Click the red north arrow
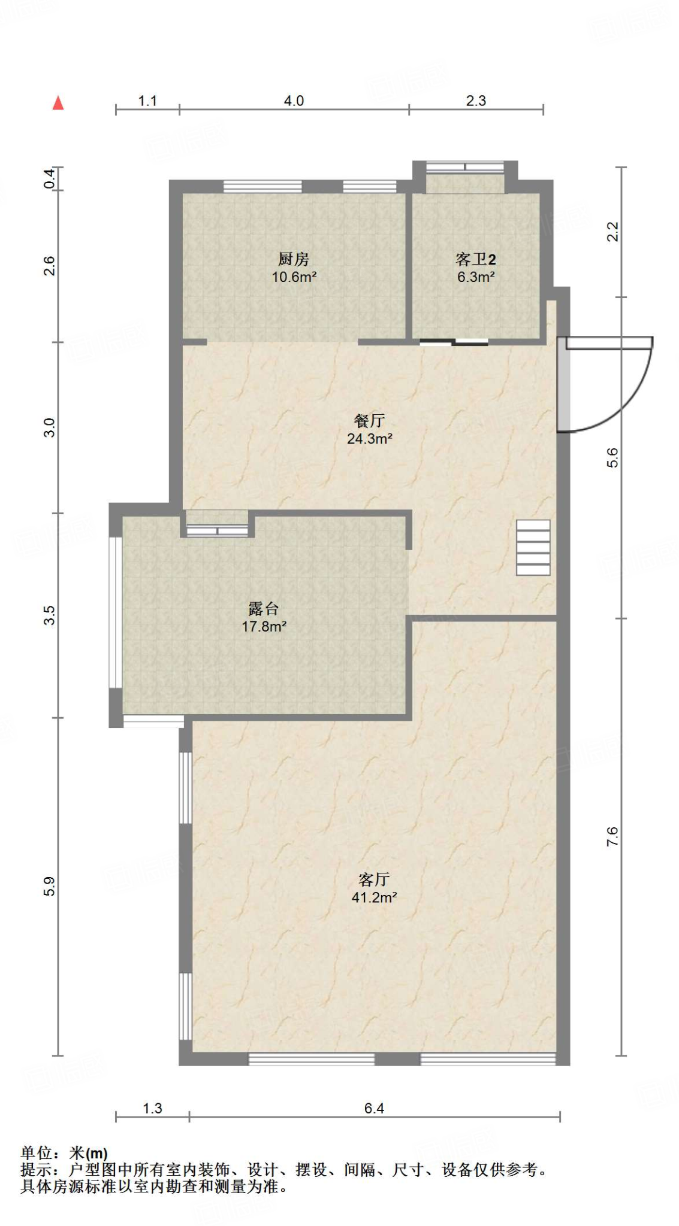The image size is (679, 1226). click(x=58, y=103)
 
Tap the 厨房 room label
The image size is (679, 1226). click(x=294, y=259)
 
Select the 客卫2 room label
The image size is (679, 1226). click(x=476, y=259)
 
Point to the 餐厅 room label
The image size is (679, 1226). click(x=369, y=421)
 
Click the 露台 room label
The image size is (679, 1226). click(x=264, y=609)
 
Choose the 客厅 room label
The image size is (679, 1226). click(x=374, y=879)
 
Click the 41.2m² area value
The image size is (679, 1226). click(x=374, y=897)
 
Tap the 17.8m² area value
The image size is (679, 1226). click(x=264, y=627)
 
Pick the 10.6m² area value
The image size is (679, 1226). click(x=294, y=277)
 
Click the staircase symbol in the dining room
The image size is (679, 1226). click(x=533, y=548)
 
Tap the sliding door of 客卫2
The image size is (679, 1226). click(x=454, y=342)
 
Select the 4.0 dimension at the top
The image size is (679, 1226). click(x=294, y=101)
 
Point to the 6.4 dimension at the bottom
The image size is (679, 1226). click(x=374, y=1108)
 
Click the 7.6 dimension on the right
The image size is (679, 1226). click(x=612, y=836)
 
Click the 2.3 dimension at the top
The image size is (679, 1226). click(x=476, y=101)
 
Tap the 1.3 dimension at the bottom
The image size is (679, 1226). click(x=152, y=1108)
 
